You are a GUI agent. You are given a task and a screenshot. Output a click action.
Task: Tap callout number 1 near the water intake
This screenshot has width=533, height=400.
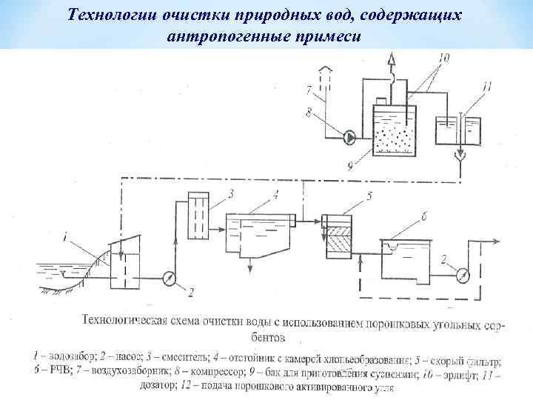(x=88, y=238)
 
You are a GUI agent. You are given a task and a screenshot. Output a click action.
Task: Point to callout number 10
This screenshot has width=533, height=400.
(x=443, y=56)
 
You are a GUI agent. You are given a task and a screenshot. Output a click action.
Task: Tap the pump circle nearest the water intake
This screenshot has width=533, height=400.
(x=168, y=278)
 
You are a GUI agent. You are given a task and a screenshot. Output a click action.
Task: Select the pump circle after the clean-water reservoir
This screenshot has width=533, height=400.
(x=463, y=275)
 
